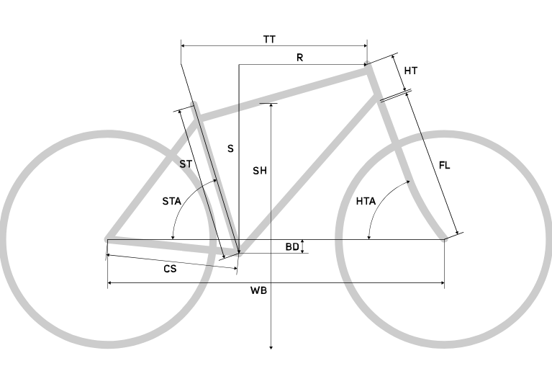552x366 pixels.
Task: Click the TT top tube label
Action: coord(269,39)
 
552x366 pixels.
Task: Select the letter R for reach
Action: coord(299,58)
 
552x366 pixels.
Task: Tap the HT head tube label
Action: coord(411,71)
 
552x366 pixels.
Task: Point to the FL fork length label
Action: coord(444,166)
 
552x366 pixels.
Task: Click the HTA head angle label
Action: coord(366,202)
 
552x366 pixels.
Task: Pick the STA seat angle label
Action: coord(171,202)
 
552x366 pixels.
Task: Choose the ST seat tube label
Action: coord(186,164)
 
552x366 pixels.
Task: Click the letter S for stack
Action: coord(230,148)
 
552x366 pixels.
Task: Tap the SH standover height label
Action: coord(260,171)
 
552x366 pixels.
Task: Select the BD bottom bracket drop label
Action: coord(291,247)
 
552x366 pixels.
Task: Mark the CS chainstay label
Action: coord(170,268)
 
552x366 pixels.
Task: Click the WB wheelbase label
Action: coord(258,291)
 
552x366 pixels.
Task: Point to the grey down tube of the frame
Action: coord(309,173)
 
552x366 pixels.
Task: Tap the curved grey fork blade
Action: coord(417,195)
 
